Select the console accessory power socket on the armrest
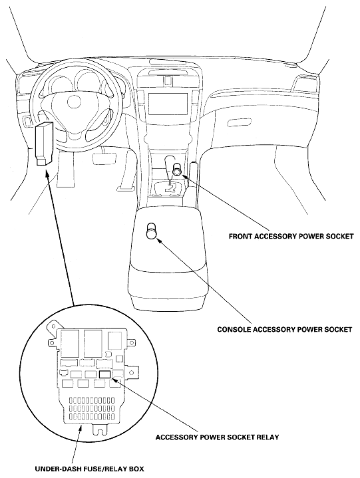pos(152,230)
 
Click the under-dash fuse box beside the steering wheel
pos(45,142)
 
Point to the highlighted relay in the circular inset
pos(104,374)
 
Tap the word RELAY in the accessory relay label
pos(264,437)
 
